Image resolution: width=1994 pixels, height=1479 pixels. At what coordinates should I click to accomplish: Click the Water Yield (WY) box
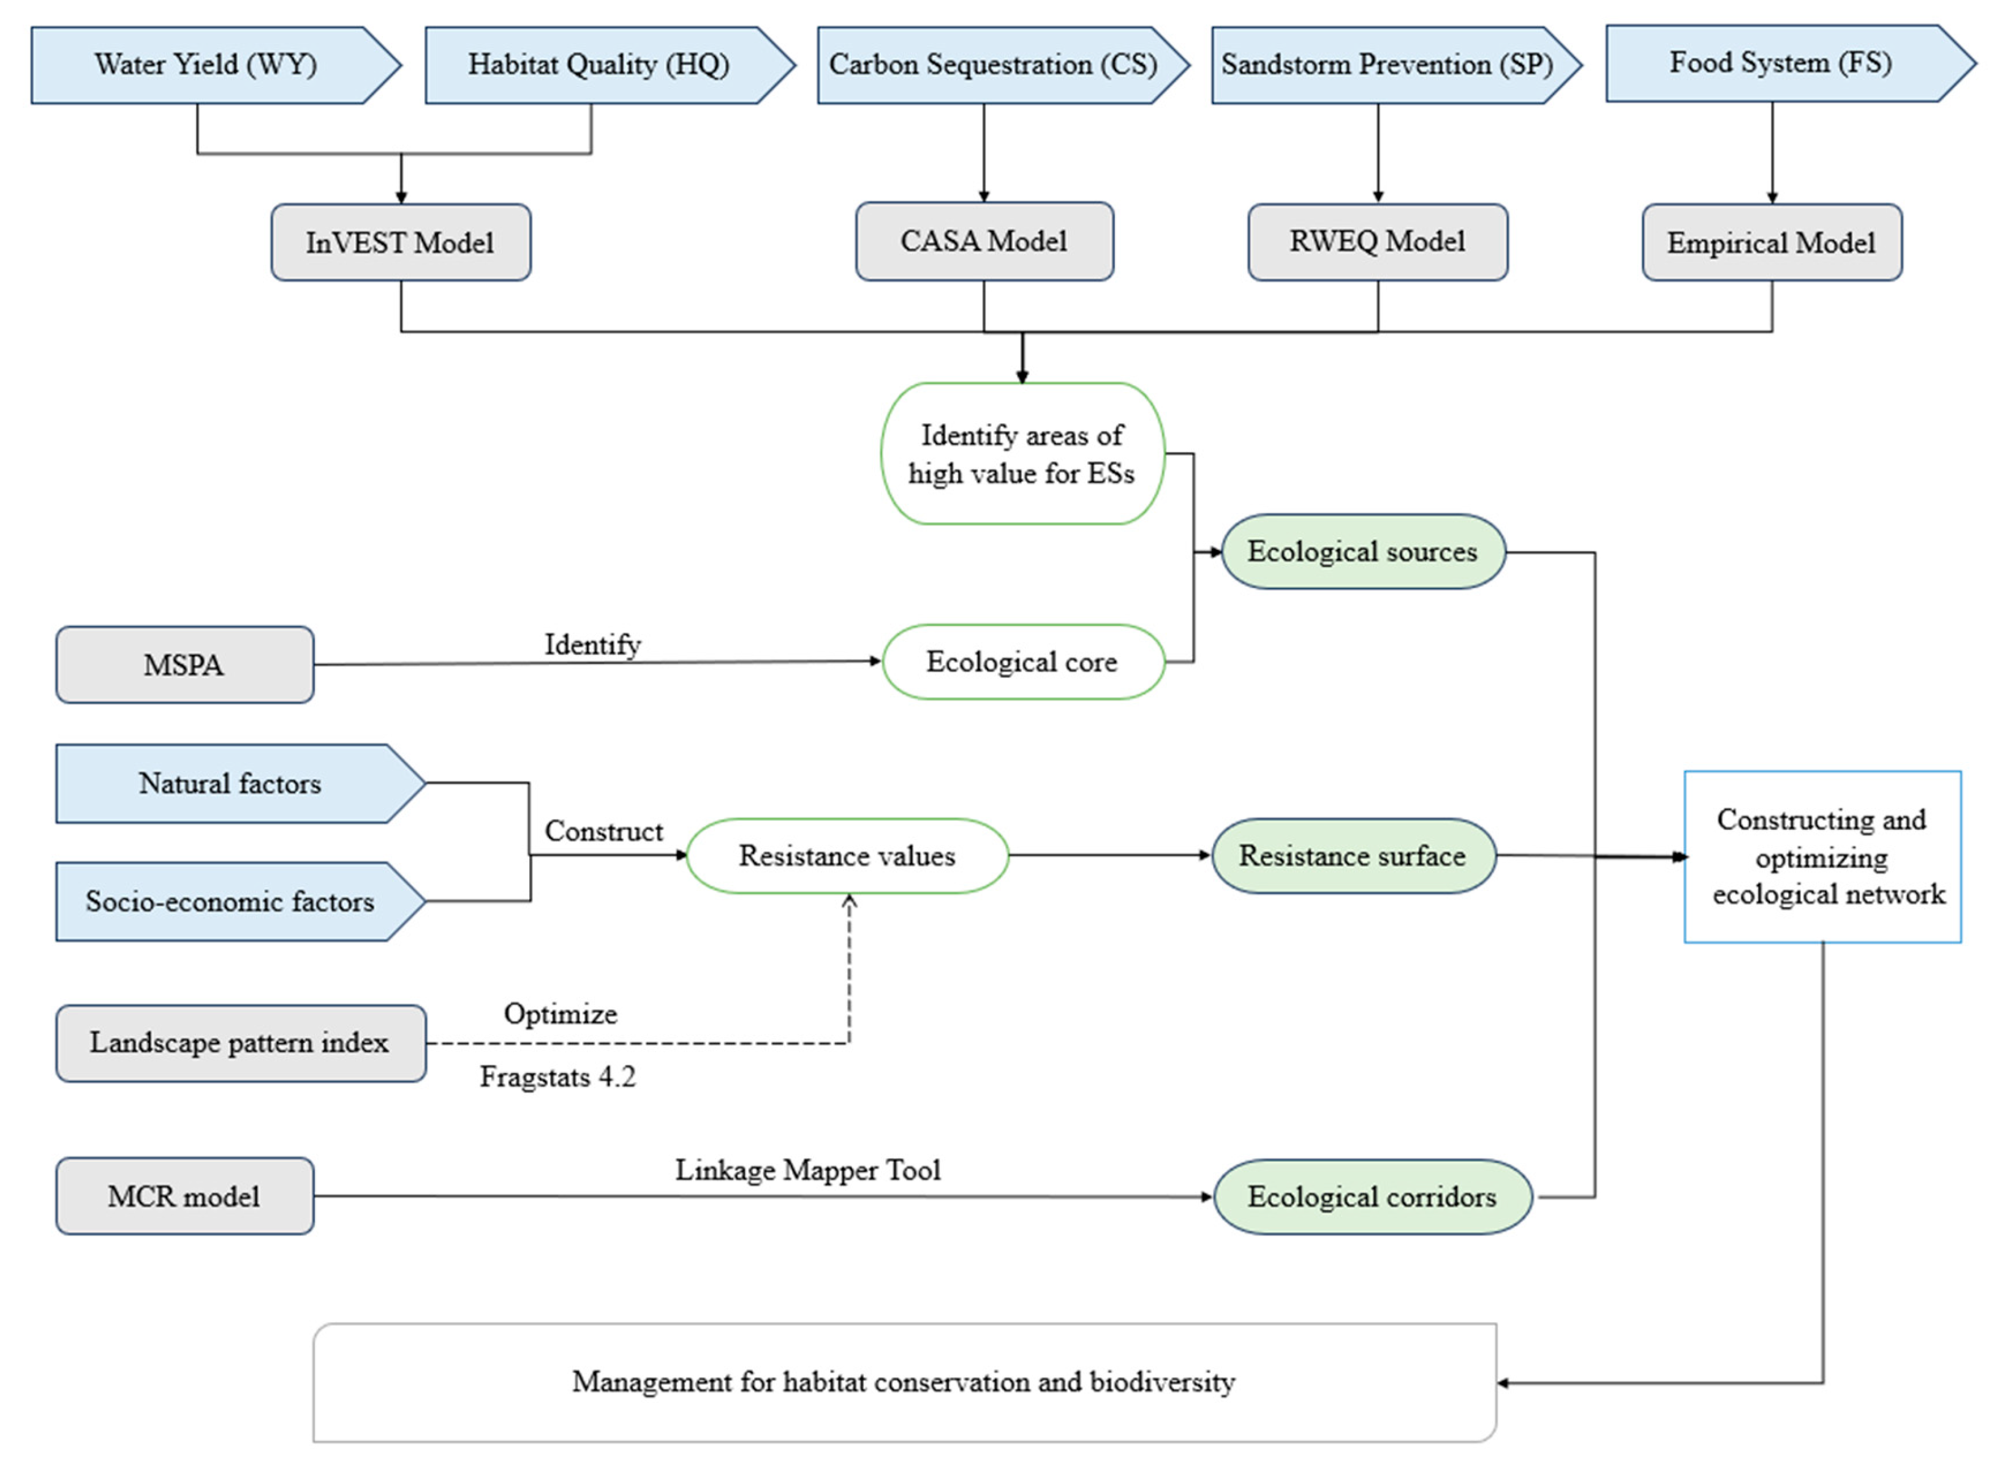pyautogui.click(x=206, y=64)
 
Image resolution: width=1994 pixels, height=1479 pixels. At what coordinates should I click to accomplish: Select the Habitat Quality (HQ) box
pyautogui.click(x=598, y=64)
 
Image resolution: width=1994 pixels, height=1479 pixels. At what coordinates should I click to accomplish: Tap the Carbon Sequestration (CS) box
pyautogui.click(x=992, y=64)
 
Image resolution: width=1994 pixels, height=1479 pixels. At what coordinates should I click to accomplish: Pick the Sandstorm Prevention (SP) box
pyautogui.click(x=1386, y=64)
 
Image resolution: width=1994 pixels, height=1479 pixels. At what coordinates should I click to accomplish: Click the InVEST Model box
pyautogui.click(x=400, y=243)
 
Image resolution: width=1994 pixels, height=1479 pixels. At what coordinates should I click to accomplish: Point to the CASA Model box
pyautogui.click(x=983, y=241)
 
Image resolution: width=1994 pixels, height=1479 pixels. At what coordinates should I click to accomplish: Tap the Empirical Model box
pyautogui.click(x=1770, y=243)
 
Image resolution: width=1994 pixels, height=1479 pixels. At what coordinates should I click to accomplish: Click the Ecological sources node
pyautogui.click(x=1362, y=552)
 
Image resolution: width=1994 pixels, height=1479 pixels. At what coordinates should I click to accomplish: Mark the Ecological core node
pyautogui.click(x=1022, y=661)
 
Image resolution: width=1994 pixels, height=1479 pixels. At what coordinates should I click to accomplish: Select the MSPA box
pyautogui.click(x=184, y=664)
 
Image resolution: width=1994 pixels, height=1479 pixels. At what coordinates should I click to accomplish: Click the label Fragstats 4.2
pyautogui.click(x=557, y=1076)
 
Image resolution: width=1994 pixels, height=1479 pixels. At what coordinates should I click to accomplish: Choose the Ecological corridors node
pyautogui.click(x=1372, y=1197)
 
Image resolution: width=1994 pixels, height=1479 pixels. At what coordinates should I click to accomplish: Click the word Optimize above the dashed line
pyautogui.click(x=561, y=1014)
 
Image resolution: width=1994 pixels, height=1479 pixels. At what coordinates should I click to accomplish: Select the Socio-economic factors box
pyautogui.click(x=231, y=901)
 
